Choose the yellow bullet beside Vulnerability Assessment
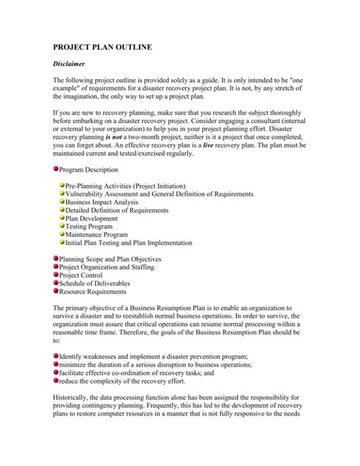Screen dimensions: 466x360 click(62, 194)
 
